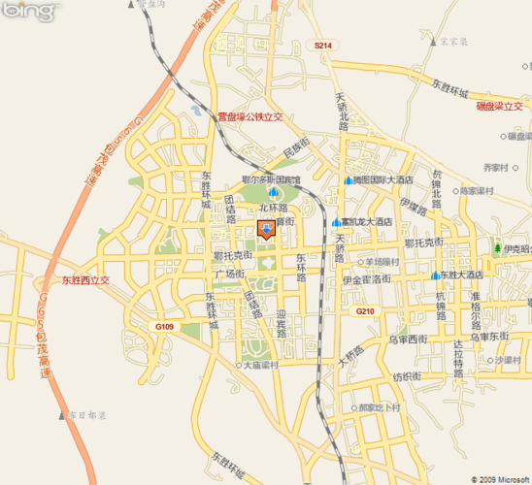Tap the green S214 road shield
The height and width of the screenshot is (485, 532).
(x=323, y=46)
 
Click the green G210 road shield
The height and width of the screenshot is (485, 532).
(x=364, y=310)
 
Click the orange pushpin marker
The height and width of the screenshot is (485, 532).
(x=267, y=229)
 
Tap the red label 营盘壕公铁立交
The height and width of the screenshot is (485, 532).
(x=249, y=116)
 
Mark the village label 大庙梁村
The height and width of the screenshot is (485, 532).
(x=261, y=366)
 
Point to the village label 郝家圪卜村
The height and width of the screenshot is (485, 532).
(x=379, y=407)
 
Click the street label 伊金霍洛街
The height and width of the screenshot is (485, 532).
(x=366, y=279)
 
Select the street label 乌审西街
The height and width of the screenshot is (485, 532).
(x=408, y=339)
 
